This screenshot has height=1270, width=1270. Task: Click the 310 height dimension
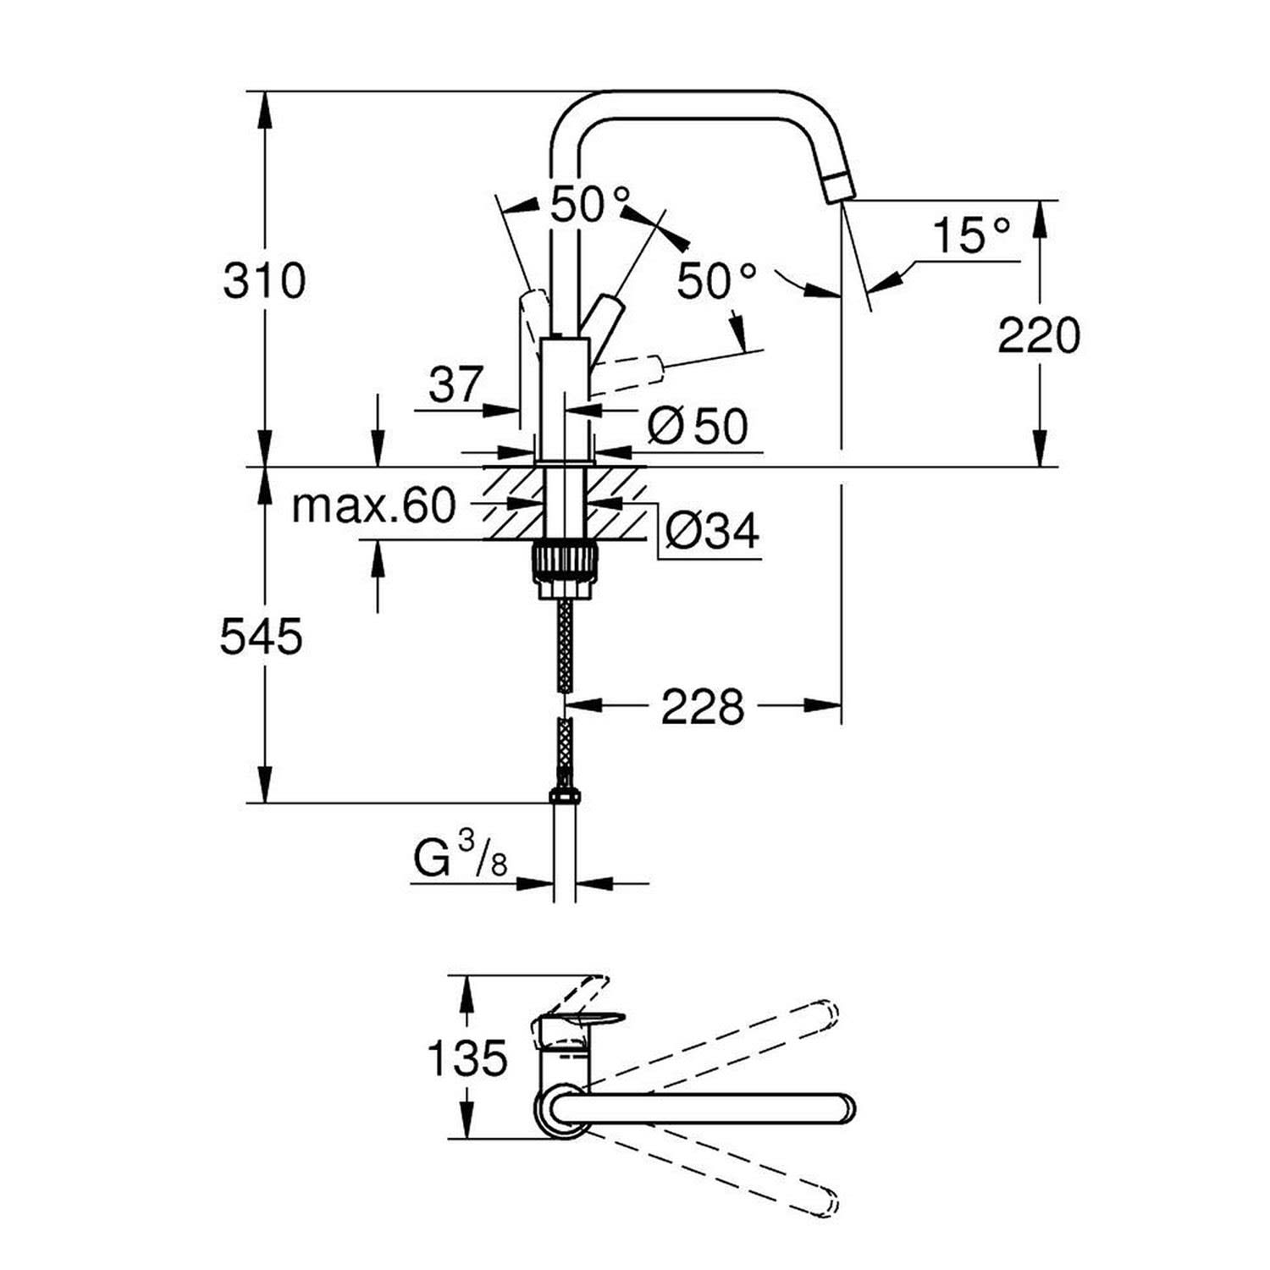[x=264, y=281]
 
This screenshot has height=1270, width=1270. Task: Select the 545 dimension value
[x=262, y=637]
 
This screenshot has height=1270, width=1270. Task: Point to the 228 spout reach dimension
[x=702, y=706]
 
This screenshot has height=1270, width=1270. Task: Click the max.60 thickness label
[x=373, y=506]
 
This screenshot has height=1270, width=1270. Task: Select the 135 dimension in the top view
[x=467, y=1057]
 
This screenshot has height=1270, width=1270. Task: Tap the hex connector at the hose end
[x=565, y=795]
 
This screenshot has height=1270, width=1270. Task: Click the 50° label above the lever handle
[x=590, y=204]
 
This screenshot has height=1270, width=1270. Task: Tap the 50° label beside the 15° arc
[x=716, y=280]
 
